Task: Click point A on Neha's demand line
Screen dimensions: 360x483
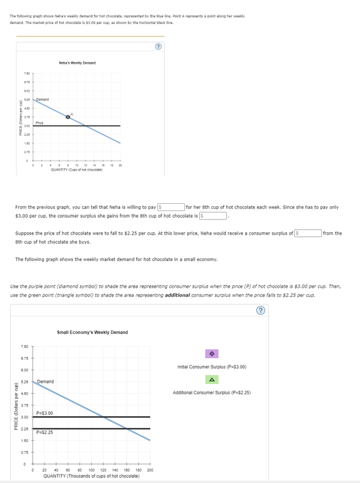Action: [x=68, y=116]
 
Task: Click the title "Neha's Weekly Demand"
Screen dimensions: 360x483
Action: [x=77, y=63]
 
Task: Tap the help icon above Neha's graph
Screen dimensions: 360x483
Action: [x=157, y=47]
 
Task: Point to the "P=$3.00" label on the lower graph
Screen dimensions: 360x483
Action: [x=45, y=412]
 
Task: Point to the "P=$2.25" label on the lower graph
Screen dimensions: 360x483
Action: [x=45, y=432]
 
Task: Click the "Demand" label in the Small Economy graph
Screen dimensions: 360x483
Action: [x=46, y=382]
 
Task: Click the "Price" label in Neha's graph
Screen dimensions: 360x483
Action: [x=39, y=122]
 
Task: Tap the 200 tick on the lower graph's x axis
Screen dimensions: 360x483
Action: [x=150, y=470]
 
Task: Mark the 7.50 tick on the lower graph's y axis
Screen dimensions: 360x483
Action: [x=24, y=346]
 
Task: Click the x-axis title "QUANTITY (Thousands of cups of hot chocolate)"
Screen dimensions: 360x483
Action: [x=92, y=476]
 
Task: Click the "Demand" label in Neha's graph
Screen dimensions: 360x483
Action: [x=42, y=99]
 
